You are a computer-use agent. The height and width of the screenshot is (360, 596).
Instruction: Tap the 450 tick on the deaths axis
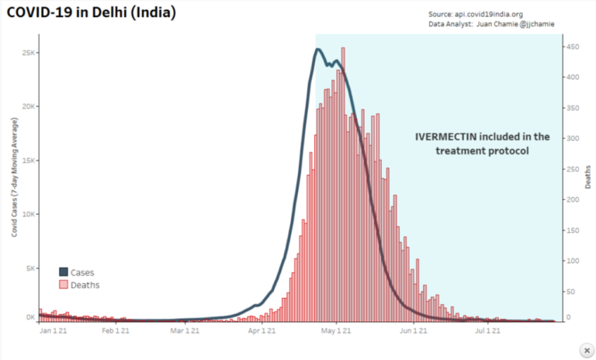570,47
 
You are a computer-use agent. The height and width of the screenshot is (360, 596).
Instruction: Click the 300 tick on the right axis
570,139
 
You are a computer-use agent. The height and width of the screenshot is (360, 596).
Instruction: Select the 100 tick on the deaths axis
570,261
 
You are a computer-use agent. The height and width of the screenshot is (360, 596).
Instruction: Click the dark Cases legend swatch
64,272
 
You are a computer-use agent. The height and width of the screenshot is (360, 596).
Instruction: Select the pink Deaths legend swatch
64,285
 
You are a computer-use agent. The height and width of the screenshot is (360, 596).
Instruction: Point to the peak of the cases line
318,50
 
